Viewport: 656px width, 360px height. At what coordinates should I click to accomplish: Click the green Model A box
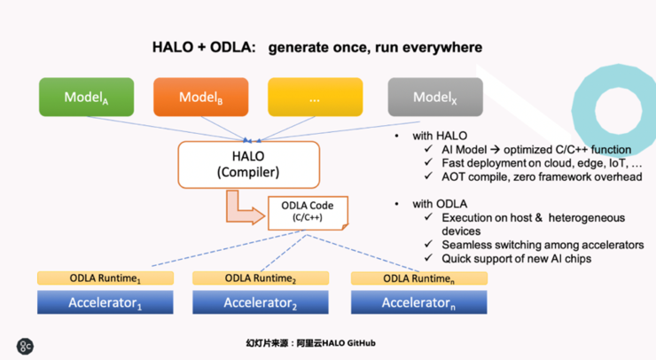click(x=86, y=98)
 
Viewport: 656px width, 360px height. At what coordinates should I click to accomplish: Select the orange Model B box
click(x=200, y=98)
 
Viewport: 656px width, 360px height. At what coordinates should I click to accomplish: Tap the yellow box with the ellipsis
click(x=315, y=98)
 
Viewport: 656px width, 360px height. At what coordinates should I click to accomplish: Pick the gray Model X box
click(x=435, y=98)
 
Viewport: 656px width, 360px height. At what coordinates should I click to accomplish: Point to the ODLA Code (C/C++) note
click(x=308, y=212)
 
